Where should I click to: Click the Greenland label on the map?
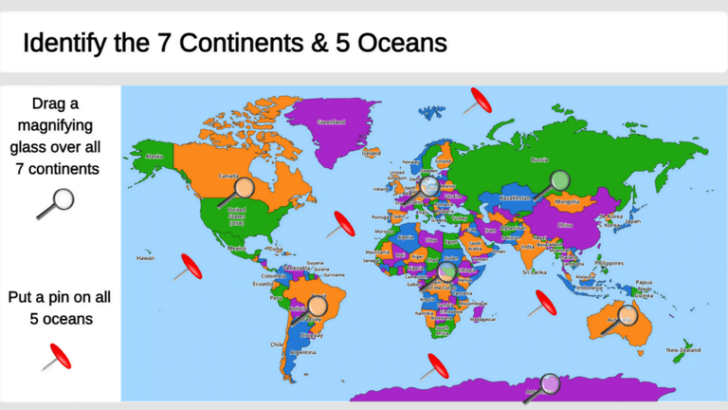click(331, 122)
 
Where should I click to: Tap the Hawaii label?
click(145, 257)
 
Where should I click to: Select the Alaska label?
click(155, 157)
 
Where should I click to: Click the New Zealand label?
click(683, 350)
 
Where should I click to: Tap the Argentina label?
click(302, 352)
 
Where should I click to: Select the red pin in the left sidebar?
click(56, 357)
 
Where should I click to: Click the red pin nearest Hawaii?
click(188, 267)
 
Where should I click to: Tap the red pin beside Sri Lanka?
click(544, 303)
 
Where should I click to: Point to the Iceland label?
click(371, 153)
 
